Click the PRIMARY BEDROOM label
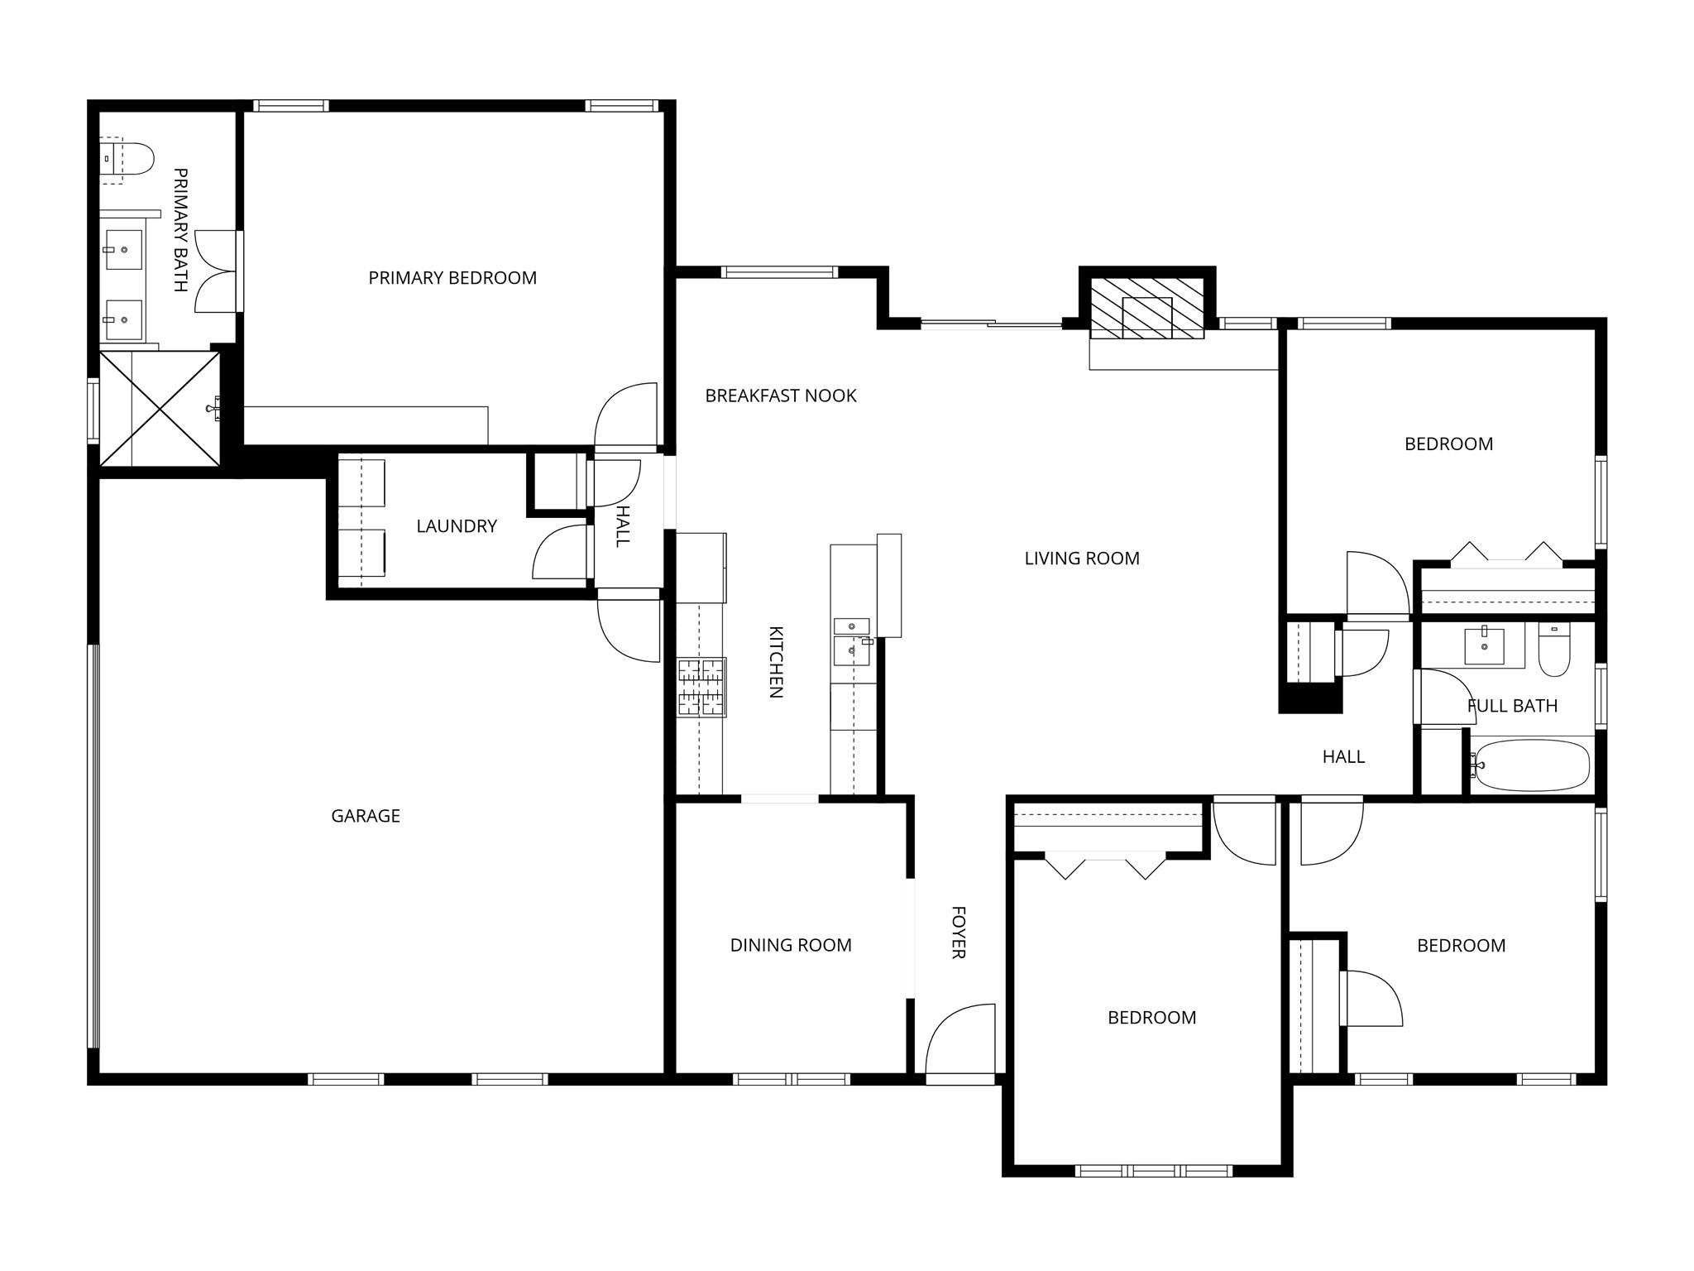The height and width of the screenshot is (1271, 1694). point(452,278)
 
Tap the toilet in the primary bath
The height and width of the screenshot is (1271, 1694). point(128,159)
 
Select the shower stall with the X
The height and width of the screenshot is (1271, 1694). point(160,409)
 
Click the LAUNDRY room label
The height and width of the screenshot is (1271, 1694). point(457,526)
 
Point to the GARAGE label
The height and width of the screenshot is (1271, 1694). point(366,816)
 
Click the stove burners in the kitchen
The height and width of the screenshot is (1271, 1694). point(701,687)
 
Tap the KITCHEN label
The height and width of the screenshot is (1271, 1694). point(776,662)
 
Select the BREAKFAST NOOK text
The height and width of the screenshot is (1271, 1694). point(780,396)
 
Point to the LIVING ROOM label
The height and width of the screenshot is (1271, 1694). point(1082,559)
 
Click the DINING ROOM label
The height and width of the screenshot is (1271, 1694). point(791,945)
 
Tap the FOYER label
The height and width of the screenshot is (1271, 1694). point(959,933)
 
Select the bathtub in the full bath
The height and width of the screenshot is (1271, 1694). point(1533,765)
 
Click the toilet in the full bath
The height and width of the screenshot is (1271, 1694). point(1554,651)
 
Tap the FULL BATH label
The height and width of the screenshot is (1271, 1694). point(1512,706)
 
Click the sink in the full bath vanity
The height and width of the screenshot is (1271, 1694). point(1485,645)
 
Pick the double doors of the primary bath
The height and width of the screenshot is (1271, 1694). point(217,271)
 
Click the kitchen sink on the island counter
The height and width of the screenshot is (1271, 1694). point(852,642)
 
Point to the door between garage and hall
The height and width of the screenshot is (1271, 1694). point(629,627)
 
